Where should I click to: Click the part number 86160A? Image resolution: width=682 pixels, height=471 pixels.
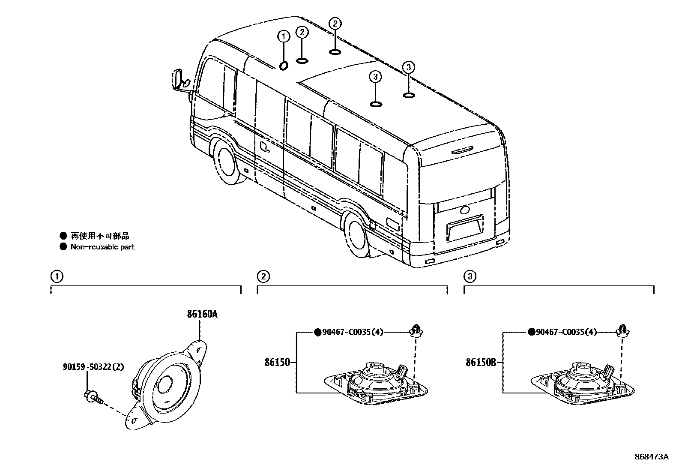[x=202, y=315]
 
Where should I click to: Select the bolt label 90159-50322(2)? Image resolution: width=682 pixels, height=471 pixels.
[x=93, y=367]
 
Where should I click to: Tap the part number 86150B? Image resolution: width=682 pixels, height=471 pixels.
[x=481, y=363]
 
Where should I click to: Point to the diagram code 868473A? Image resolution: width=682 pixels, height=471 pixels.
[x=651, y=456]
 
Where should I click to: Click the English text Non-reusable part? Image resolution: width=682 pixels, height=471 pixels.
[x=102, y=247]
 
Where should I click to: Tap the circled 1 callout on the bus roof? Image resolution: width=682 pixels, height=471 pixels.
[x=283, y=37]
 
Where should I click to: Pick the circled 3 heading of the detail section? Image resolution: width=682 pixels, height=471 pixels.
[x=470, y=276]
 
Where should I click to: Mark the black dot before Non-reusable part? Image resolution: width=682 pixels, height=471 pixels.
[x=63, y=247]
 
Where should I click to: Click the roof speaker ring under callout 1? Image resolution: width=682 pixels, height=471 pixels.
[x=284, y=66]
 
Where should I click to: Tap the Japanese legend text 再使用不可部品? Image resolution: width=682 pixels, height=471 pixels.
[x=100, y=236]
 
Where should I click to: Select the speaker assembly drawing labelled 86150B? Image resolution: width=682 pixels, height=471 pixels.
[x=583, y=383]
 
